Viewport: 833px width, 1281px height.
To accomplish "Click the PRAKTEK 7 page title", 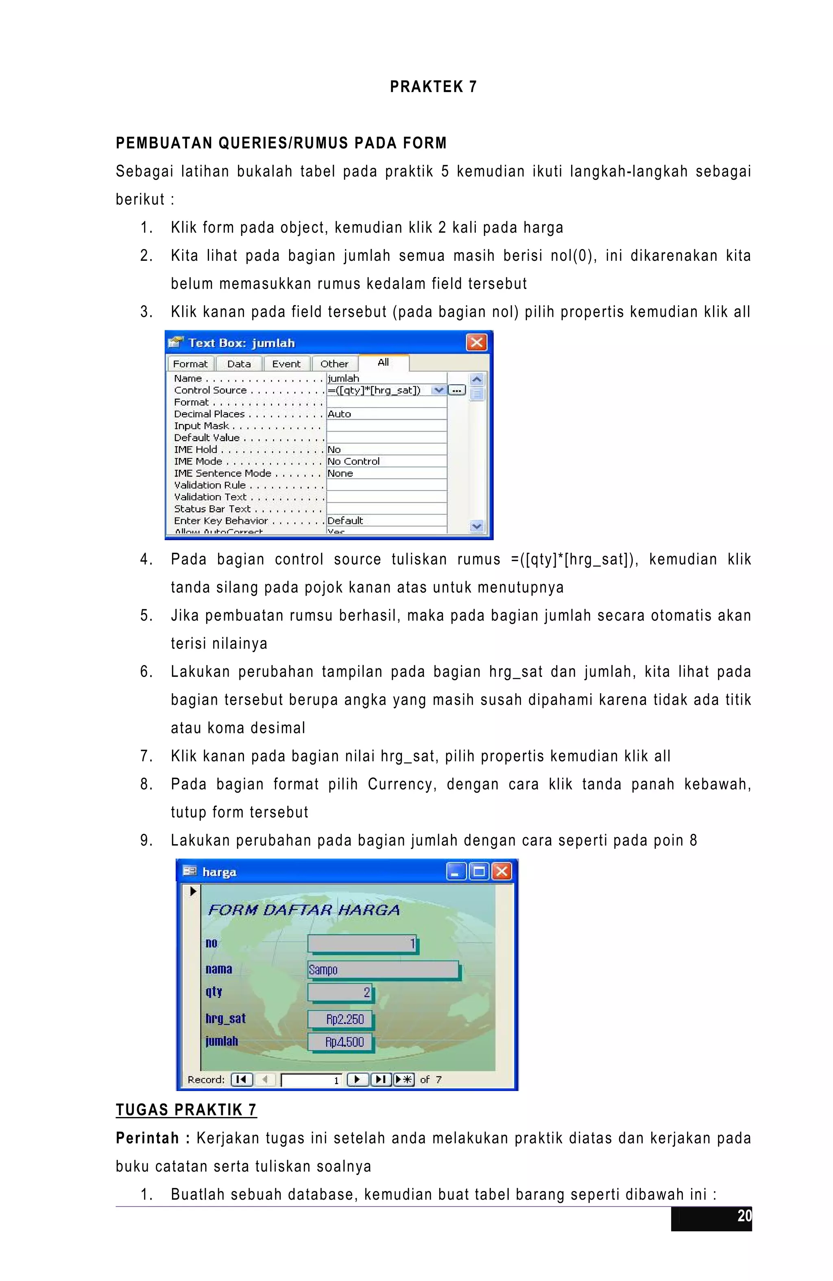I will [433, 87].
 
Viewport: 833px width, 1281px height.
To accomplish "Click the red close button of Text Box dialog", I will [476, 342].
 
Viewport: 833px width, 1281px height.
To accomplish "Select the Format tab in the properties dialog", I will [190, 364].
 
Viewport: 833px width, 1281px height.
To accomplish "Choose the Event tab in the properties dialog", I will [286, 364].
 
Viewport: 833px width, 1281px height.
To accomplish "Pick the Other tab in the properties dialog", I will [334, 364].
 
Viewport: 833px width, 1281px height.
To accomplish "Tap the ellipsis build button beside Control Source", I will [457, 390].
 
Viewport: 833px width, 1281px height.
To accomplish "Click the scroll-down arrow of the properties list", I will [477, 526].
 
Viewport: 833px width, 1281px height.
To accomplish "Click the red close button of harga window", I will [502, 871].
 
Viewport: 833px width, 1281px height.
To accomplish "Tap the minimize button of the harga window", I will [455, 871].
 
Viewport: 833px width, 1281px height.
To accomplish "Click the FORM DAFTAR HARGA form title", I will [303, 910].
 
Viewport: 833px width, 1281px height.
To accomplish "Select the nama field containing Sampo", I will [383, 970].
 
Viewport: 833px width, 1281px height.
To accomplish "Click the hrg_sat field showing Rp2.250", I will [340, 1019].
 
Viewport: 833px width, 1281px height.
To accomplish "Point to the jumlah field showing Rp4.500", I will [340, 1042].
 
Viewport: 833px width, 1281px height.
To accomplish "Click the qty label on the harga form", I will [214, 991].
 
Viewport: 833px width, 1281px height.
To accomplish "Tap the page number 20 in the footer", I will [744, 1216].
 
